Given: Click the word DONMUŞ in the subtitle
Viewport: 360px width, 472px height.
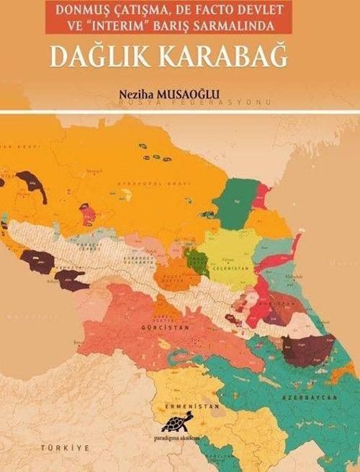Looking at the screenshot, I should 89,12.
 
